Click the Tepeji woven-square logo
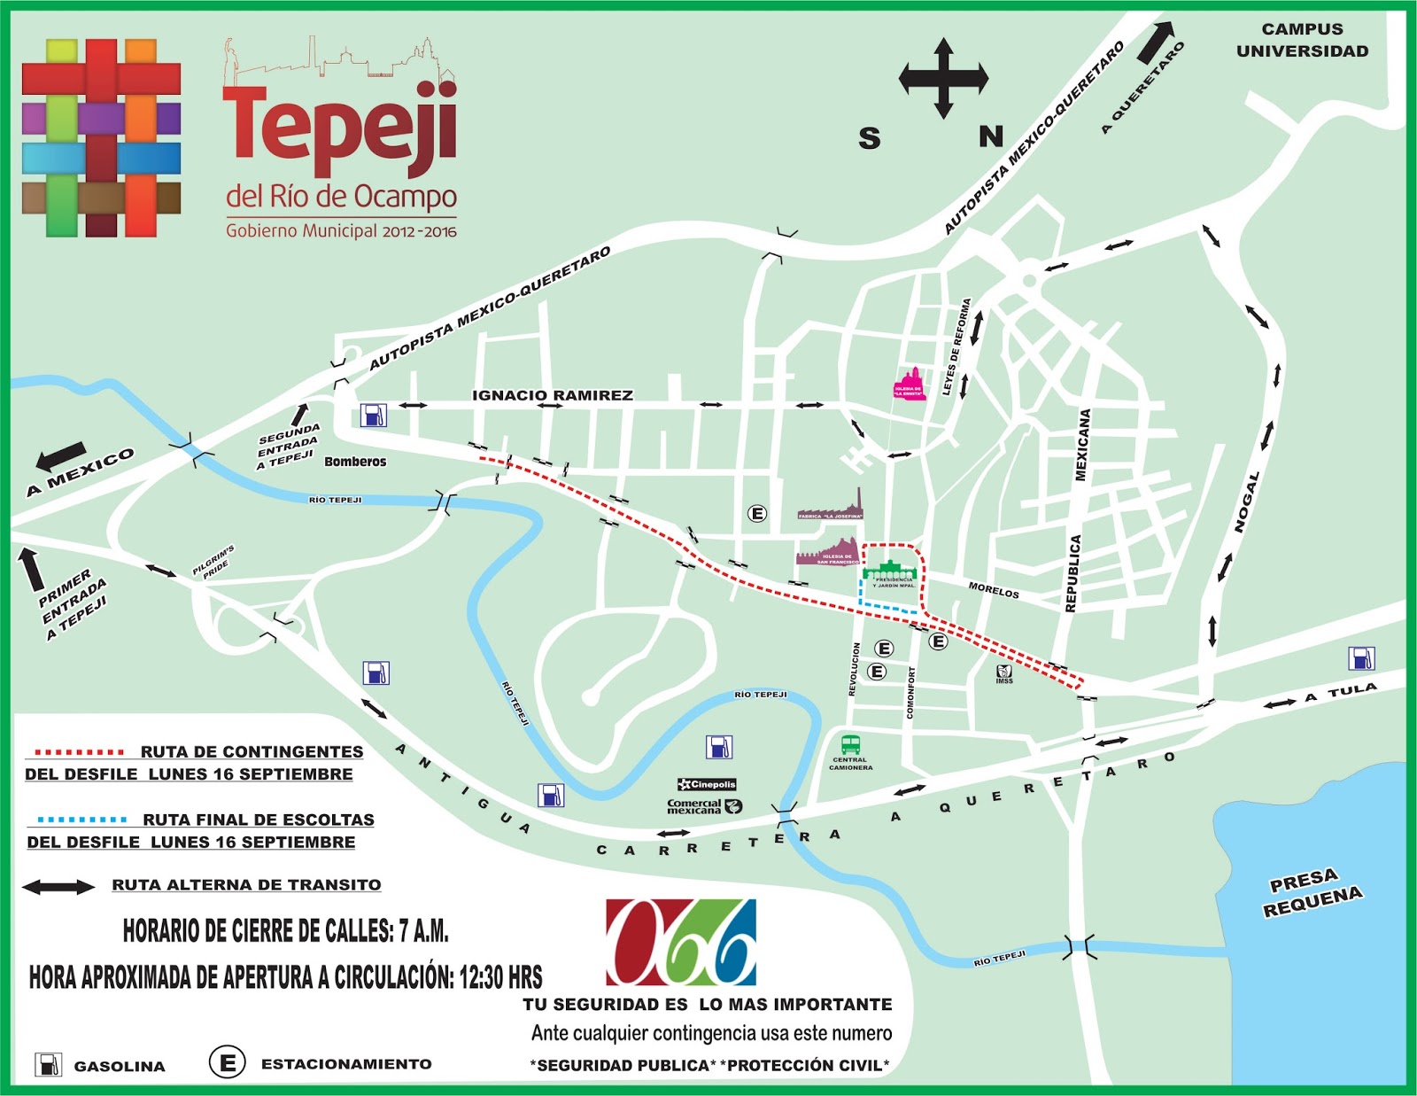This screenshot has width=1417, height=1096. point(101,138)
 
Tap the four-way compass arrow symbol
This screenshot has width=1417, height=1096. point(943,79)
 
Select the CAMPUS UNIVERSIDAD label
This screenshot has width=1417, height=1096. point(1302,41)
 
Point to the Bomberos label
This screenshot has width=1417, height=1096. point(355,462)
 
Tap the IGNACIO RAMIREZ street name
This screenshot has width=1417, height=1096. point(553,395)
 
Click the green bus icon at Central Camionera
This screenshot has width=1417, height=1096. point(850,744)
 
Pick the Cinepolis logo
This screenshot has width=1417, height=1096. point(707,784)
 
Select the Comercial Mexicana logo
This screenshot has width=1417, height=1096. point(704,806)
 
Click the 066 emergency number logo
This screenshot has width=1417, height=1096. point(681,943)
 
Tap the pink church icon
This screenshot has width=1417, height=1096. point(910,385)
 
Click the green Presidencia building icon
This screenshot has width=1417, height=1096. point(890,571)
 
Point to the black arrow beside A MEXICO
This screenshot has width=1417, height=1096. point(62,456)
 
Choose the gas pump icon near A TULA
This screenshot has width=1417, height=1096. point(1361,658)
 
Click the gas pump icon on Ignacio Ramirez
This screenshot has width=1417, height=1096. point(373,415)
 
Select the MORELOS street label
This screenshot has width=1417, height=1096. point(993,590)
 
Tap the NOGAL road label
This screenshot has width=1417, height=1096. point(1247,502)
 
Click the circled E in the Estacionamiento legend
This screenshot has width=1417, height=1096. point(227,1062)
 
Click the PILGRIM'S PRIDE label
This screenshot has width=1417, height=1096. point(215,561)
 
